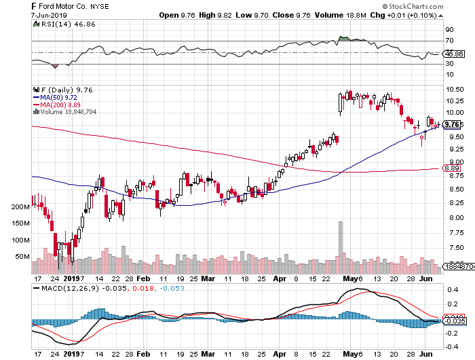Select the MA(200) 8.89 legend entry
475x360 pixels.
(64, 105)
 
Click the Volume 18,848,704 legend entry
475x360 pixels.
(69, 111)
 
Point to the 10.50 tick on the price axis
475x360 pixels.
(453, 89)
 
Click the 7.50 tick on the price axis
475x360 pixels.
(453, 248)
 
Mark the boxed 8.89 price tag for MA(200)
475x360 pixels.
(452, 168)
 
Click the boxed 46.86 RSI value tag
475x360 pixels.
(453, 54)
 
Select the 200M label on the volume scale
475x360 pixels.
(22, 206)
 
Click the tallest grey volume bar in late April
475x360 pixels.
(340, 247)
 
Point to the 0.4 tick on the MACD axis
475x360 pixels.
(450, 290)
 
